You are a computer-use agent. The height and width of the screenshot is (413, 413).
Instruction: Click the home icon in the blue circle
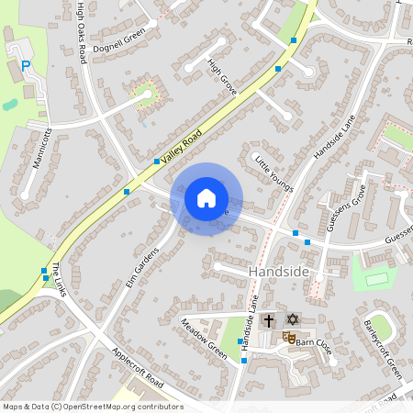tap(206, 198)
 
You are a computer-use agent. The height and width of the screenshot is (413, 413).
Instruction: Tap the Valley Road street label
tap(182, 145)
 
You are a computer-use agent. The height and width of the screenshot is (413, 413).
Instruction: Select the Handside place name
tap(280, 273)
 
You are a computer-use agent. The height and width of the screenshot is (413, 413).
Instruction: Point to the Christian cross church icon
tap(269, 320)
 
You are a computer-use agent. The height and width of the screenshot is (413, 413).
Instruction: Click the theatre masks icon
tap(288, 338)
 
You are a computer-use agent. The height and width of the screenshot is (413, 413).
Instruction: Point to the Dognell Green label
tap(118, 39)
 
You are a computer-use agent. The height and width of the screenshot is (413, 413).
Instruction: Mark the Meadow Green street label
tap(203, 338)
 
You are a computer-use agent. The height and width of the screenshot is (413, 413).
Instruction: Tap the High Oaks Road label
tap(82, 32)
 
